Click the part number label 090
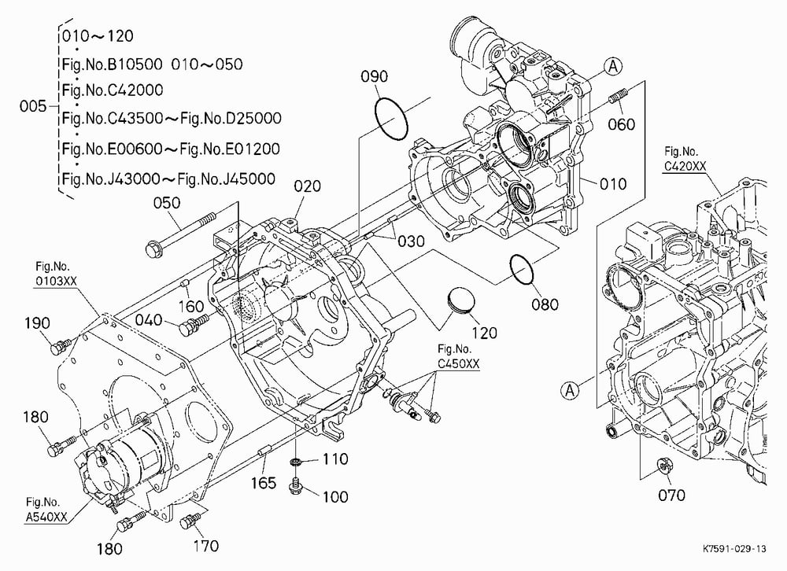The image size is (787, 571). [375, 76]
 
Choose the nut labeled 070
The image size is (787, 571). [664, 466]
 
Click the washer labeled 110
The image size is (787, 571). [296, 461]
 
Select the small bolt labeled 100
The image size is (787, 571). [295, 486]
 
